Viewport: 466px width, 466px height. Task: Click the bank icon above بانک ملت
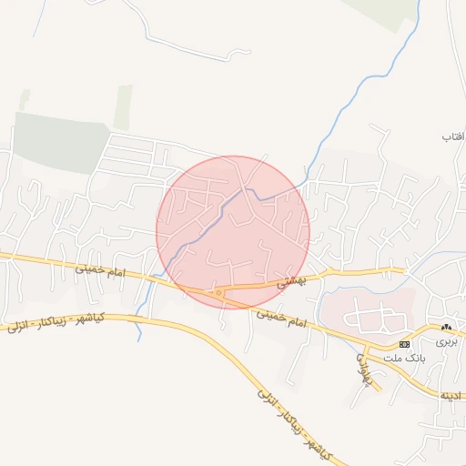pos(405,344)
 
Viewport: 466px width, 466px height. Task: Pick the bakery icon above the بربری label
pos(447,326)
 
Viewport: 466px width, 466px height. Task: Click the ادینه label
pos(452,396)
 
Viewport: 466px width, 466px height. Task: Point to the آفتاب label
pos(453,137)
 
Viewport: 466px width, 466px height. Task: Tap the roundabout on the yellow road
pos(218,292)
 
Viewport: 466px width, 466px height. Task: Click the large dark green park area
pos(62,141)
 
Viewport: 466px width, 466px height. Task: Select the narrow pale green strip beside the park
pos(123,106)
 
